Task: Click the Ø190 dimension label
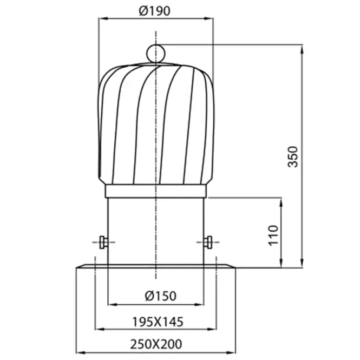click(154, 11)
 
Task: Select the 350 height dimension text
click(293, 156)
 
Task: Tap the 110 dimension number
click(273, 235)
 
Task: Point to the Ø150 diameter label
click(160, 296)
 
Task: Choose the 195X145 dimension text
click(158, 322)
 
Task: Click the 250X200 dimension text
click(156, 344)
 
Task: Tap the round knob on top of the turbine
click(156, 54)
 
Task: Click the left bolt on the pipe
click(103, 242)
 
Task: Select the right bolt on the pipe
click(208, 242)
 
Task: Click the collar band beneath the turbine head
click(156, 191)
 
